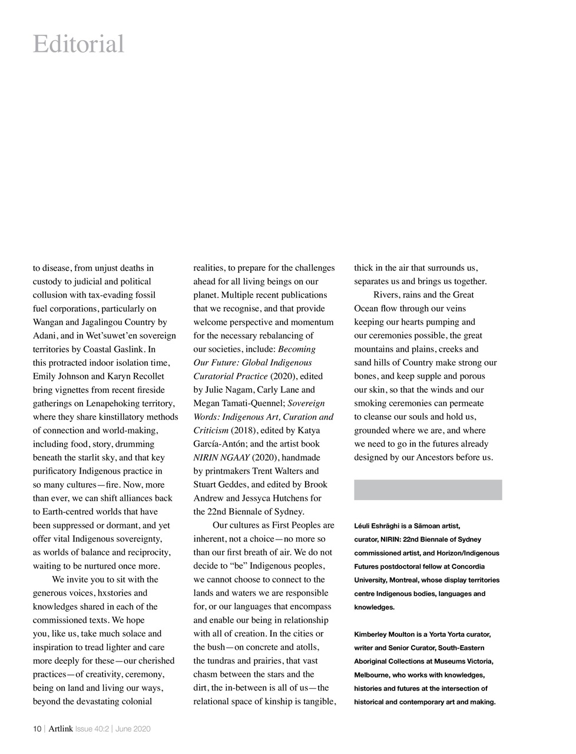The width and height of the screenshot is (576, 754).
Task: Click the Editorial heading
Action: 78,44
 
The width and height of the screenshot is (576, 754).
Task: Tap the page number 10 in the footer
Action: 37,729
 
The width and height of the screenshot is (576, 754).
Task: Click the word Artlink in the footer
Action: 61,729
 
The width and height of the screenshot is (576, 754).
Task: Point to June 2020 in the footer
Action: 133,729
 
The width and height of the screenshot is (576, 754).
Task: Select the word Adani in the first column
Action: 44,336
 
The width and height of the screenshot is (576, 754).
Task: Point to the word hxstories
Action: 128,593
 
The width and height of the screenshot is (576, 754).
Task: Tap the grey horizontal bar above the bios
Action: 428,490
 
